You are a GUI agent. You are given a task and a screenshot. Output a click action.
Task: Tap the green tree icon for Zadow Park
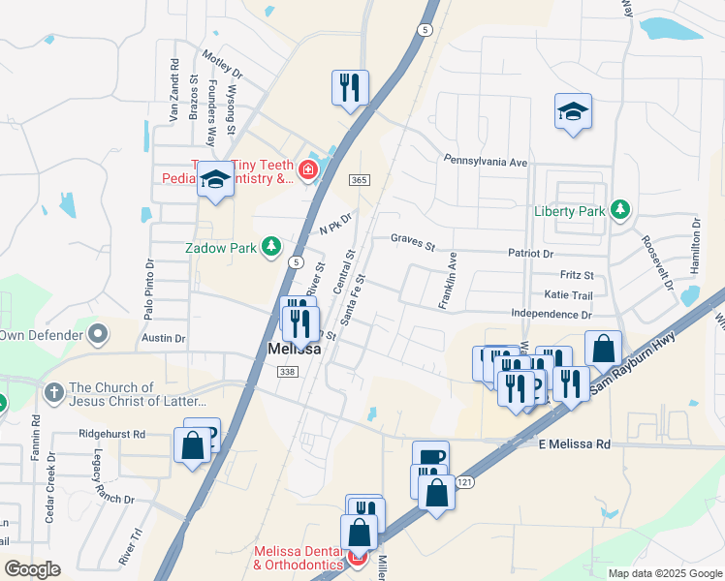272,247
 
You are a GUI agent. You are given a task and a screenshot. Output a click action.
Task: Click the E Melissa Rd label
575,444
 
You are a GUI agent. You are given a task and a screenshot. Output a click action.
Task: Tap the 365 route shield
360,181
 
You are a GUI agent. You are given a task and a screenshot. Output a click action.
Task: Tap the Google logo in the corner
32,569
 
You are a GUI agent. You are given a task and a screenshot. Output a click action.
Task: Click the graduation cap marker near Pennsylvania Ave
573,111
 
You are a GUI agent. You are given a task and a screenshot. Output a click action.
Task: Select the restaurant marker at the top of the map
348,88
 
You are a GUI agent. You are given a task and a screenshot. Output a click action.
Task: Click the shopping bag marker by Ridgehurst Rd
192,446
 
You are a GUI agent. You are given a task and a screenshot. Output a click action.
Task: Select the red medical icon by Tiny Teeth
308,171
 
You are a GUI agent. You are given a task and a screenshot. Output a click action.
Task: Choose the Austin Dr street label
163,338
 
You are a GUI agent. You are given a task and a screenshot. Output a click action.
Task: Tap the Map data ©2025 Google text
665,573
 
